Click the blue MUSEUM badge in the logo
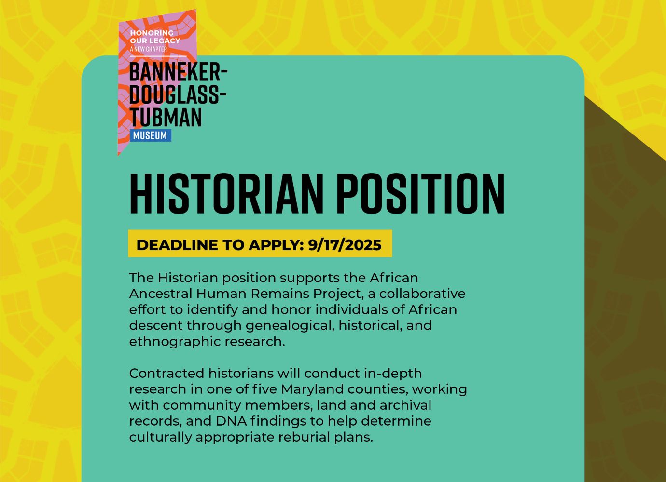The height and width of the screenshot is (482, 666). pos(151,135)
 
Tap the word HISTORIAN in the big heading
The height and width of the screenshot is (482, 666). pos(226,193)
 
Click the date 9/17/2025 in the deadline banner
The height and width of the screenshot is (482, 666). pos(345,245)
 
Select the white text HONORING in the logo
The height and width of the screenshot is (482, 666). pos(152,33)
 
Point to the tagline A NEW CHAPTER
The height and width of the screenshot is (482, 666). pos(148,49)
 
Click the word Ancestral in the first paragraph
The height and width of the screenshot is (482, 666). pos(161,294)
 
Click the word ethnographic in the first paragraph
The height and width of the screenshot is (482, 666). pos(175,342)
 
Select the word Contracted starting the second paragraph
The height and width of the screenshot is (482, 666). pos(167,374)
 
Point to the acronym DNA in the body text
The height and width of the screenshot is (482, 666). pos(231,421)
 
